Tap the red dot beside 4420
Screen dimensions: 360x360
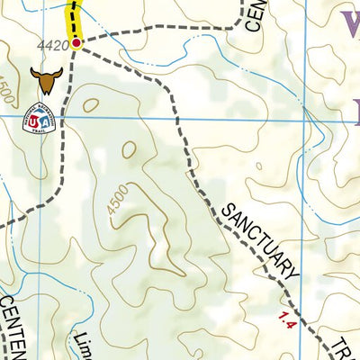tap(76, 41)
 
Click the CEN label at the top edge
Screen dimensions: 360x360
tap(253, 13)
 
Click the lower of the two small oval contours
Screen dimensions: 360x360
tap(130, 149)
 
